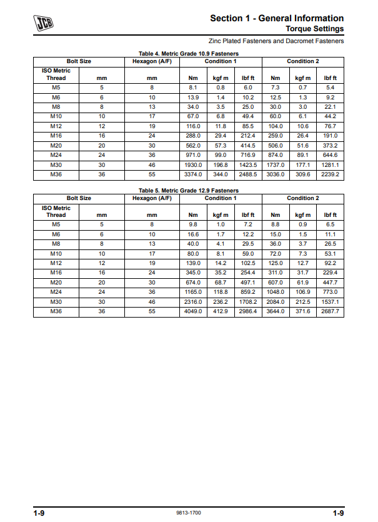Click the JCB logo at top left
point(44,24)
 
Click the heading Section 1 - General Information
point(277,18)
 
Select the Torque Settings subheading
point(314,29)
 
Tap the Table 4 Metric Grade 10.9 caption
point(188,54)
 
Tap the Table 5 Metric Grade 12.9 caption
point(188,190)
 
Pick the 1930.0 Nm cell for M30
point(193,164)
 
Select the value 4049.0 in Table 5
point(193,311)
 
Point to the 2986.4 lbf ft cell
point(247,311)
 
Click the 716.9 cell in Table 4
point(247,155)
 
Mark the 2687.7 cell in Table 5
point(331,311)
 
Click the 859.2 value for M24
point(247,292)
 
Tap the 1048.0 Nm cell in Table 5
point(276,292)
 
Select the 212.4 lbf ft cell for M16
point(247,136)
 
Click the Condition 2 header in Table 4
point(303,61)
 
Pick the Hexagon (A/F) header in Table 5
point(152,198)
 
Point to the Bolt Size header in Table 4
point(79,61)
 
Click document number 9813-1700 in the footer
point(189,513)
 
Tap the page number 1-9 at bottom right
point(338,513)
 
